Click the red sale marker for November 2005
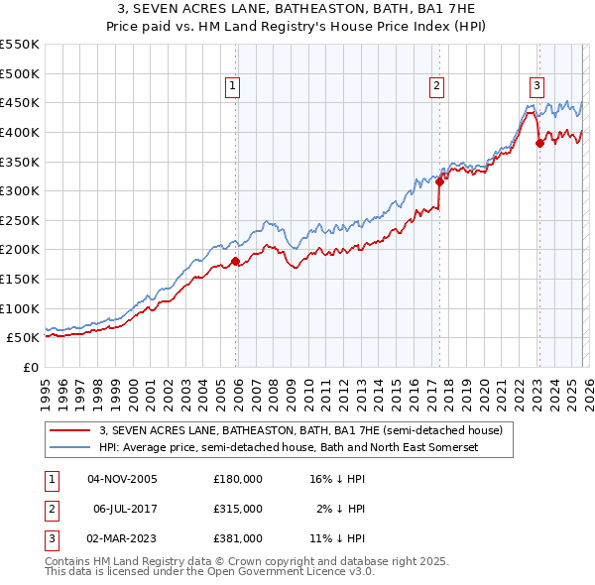pos(235,262)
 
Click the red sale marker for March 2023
pos(539,143)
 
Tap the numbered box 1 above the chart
pos(232,86)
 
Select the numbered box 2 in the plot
pos(436,86)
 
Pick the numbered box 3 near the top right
pos(536,86)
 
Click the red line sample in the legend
pos(70,431)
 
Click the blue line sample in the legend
pos(70,447)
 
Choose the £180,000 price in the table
pos(238,479)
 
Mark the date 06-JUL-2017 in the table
pos(125,509)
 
